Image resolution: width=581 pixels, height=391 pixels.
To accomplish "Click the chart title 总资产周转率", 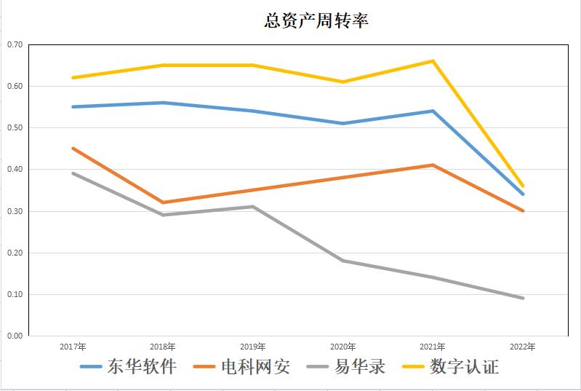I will coord(316,21).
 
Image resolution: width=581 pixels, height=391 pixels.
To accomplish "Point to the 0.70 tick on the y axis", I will coord(15,44).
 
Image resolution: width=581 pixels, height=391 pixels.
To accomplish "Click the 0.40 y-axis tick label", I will coord(15,170).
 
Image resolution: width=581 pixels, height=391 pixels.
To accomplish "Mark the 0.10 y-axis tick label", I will coord(15,295).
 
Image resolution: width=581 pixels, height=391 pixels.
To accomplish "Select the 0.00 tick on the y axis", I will coord(15,336).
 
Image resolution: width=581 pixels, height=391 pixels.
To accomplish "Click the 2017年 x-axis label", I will coord(73,347).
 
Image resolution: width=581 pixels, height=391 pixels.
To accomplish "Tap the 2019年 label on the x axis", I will coord(252,347).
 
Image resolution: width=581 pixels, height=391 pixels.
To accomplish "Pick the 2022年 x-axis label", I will coord(522,347).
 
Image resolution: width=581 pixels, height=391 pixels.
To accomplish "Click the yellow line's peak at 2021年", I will coord(433,61).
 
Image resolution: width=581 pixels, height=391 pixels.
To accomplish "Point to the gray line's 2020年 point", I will coord(342,261).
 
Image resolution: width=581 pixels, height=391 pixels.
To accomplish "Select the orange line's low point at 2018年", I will coord(163,202).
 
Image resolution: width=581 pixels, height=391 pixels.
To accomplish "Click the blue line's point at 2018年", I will coord(163,103).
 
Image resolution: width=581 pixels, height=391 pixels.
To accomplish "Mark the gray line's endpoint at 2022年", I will coord(522,298).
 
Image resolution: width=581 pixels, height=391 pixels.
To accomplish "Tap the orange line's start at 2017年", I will coord(73,149).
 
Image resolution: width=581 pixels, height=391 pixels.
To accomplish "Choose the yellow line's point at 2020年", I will coord(342,82).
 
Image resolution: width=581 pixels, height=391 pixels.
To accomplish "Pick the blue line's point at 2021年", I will coord(433,111).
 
